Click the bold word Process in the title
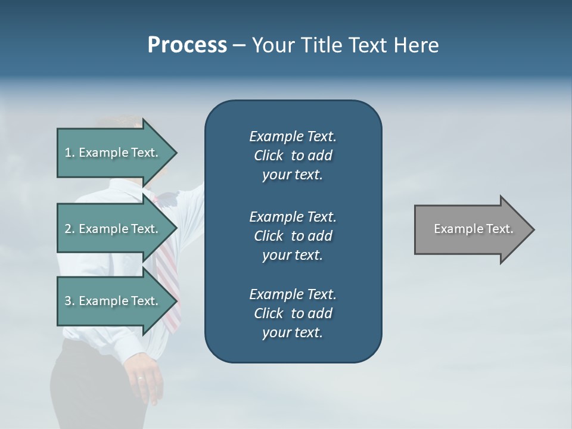[187, 45]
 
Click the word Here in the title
[416, 45]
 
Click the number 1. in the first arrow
[70, 153]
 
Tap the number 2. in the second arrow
[70, 229]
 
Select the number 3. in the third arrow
[70, 301]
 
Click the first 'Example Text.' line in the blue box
[293, 136]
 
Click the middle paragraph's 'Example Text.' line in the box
[293, 216]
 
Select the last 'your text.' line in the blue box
[293, 333]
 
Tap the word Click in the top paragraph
[268, 156]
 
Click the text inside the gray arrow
[474, 229]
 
